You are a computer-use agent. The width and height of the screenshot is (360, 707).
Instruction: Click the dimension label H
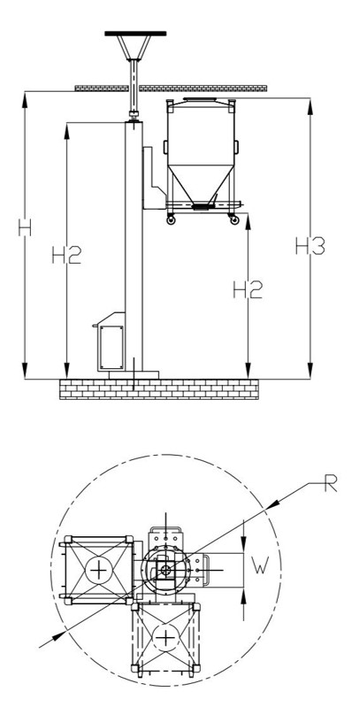[25, 227]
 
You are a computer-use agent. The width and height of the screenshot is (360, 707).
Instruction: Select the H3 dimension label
[310, 246]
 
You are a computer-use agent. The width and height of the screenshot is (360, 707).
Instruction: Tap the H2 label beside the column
[66, 255]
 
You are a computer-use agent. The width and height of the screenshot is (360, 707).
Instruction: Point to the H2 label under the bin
[248, 289]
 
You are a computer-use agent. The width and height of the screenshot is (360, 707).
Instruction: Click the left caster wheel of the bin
[171, 220]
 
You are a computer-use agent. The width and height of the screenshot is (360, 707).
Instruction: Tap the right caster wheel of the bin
[234, 220]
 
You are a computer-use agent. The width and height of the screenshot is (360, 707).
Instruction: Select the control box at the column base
[111, 342]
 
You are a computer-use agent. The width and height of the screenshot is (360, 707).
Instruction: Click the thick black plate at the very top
[135, 34]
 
